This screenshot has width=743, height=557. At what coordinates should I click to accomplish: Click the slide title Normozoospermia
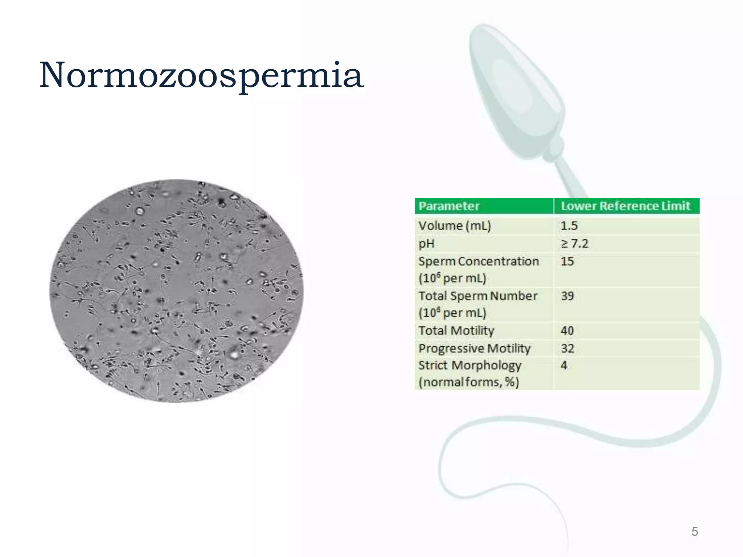[201, 75]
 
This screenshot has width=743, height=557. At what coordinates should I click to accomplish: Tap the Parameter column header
[449, 206]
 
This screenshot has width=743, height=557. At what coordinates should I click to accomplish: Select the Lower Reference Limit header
[625, 206]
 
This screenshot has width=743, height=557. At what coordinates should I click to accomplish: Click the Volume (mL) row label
[455, 226]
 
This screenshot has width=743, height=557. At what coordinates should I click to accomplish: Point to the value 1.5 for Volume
[569, 226]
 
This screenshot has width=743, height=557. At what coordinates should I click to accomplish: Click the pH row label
[426, 244]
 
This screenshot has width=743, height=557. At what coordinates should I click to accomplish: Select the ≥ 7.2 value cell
[574, 244]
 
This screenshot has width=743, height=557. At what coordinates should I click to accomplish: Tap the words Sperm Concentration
[479, 261]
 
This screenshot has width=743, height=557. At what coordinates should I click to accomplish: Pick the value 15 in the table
[567, 261]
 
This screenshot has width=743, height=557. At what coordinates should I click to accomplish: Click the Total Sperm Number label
[478, 296]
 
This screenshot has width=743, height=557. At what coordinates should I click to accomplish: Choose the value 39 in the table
[567, 296]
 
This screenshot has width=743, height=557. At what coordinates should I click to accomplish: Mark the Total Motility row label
[456, 331]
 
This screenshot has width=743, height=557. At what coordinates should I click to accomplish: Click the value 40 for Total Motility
[567, 331]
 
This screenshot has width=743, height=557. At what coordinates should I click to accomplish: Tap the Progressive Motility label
[474, 348]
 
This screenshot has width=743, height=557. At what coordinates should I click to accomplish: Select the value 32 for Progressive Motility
[567, 348]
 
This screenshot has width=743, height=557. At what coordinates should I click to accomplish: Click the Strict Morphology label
[469, 365]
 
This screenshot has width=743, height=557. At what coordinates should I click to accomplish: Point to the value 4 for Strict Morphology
[564, 365]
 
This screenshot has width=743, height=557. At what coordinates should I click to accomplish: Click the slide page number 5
[694, 532]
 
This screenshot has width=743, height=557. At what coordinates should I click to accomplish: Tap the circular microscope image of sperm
[176, 291]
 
